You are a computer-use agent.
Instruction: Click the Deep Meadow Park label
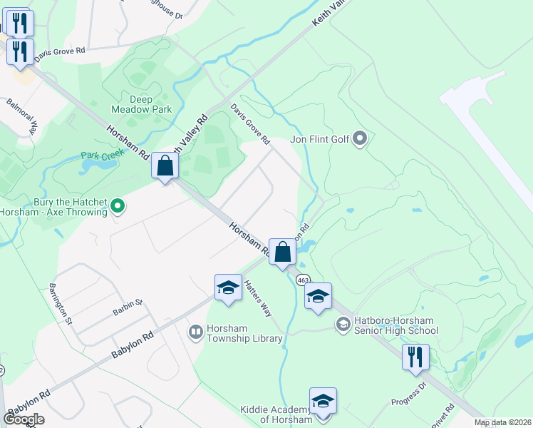click(x=142, y=104)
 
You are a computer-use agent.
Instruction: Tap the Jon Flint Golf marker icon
click(x=360, y=138)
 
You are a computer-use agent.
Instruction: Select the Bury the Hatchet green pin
click(x=118, y=207)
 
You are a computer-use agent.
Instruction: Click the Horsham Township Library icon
click(x=195, y=332)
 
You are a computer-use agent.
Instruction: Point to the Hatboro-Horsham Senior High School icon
click(x=343, y=325)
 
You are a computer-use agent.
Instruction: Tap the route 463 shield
click(x=303, y=277)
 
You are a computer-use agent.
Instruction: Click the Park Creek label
click(x=98, y=155)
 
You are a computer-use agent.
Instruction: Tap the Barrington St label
click(x=60, y=303)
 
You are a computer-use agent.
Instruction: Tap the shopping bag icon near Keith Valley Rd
click(x=165, y=166)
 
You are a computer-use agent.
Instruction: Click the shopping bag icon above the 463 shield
click(x=283, y=252)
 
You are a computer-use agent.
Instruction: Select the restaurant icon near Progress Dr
click(x=415, y=356)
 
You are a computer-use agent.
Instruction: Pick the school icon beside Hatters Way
click(x=228, y=287)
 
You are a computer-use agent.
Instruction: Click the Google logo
click(x=24, y=419)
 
